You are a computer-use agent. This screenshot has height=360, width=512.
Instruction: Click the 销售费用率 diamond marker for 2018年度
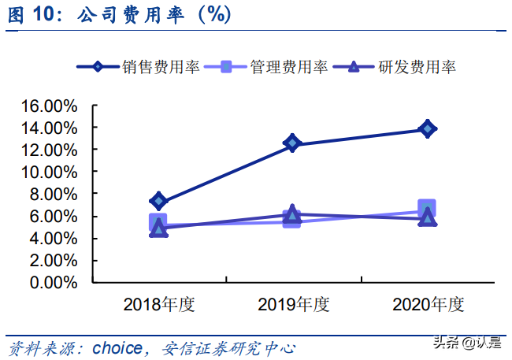158,201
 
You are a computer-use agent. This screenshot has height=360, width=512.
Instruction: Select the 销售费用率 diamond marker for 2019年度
292,143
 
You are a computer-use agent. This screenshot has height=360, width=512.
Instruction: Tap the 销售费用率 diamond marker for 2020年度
427,128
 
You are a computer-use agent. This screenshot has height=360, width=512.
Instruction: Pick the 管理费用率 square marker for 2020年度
427,209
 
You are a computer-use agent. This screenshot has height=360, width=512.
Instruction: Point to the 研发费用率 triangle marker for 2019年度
292,213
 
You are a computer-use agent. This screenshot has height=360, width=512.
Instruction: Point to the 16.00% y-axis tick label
49,106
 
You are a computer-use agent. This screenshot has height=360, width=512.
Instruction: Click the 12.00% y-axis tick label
49,150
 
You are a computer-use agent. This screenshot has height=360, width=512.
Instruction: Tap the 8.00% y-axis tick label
54,194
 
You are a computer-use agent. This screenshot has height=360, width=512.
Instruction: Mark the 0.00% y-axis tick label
54,282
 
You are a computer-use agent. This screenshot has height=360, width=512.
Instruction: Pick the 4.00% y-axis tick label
54,238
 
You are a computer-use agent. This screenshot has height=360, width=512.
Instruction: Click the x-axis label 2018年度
158,303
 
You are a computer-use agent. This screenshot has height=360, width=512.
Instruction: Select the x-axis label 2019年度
292,303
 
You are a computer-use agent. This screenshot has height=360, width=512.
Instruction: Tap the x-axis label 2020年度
428,303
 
